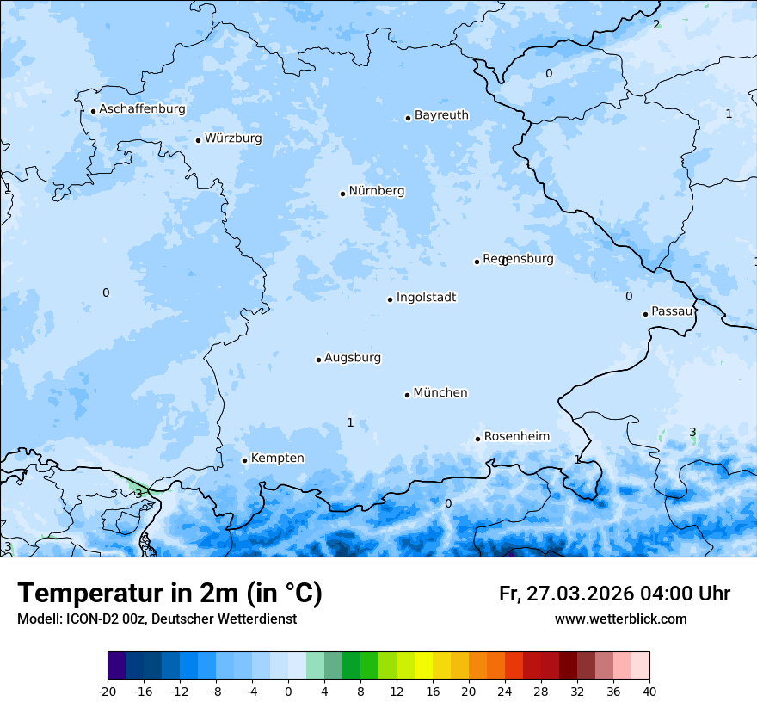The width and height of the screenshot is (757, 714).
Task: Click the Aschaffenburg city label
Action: [x=142, y=109]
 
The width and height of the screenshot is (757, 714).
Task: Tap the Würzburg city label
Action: [x=233, y=138]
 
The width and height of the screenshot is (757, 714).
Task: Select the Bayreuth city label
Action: [x=441, y=115]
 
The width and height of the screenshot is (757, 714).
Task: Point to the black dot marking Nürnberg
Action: [x=342, y=194]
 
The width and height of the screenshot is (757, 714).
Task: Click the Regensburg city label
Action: [x=518, y=259]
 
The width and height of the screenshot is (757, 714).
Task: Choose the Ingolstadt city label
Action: [x=426, y=298]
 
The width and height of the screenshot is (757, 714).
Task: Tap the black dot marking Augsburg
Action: [x=318, y=360]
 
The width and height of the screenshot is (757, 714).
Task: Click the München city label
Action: [x=440, y=393]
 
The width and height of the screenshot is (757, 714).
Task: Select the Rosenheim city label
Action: [x=516, y=437]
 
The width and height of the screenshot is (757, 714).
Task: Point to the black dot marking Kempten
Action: [x=244, y=460]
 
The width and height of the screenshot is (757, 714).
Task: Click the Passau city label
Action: [x=672, y=311]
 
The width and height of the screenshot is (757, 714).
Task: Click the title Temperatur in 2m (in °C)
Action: [x=169, y=594]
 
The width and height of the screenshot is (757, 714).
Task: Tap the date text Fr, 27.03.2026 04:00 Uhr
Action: [x=614, y=594]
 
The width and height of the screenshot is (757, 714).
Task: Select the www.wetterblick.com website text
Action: [x=620, y=619]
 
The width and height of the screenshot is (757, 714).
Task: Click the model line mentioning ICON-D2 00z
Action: [x=157, y=619]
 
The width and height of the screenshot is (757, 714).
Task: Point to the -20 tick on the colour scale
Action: [x=108, y=691]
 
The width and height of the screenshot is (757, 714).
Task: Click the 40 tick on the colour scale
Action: [x=649, y=691]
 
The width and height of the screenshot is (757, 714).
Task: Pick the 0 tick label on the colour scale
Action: [x=288, y=691]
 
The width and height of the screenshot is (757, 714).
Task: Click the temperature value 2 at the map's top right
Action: [x=656, y=24]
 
